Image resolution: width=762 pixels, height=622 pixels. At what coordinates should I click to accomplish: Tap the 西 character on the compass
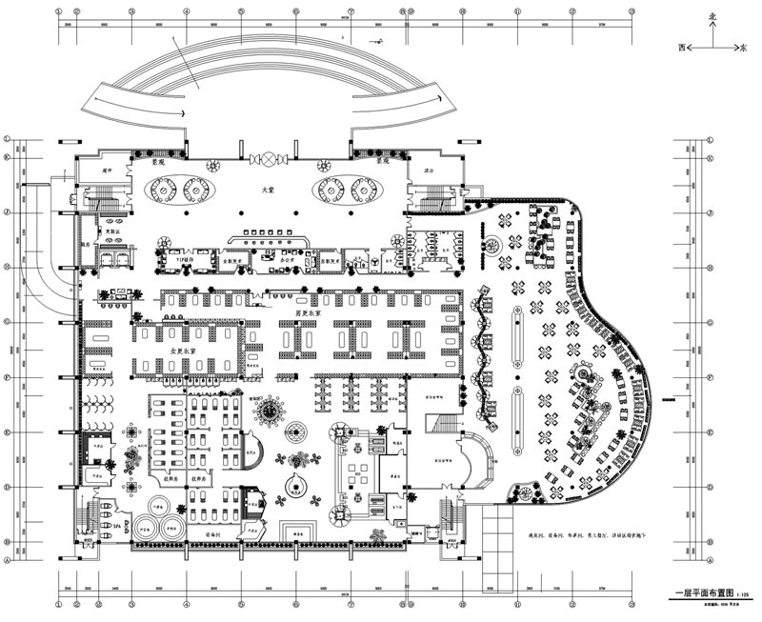[681, 46]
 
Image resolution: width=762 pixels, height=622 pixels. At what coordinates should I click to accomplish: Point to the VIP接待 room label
[184, 257]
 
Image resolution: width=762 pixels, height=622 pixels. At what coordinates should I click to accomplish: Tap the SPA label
[118, 526]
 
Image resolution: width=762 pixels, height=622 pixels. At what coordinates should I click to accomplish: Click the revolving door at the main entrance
[274, 157]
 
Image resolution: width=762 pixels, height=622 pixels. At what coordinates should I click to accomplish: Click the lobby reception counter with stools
[268, 233]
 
